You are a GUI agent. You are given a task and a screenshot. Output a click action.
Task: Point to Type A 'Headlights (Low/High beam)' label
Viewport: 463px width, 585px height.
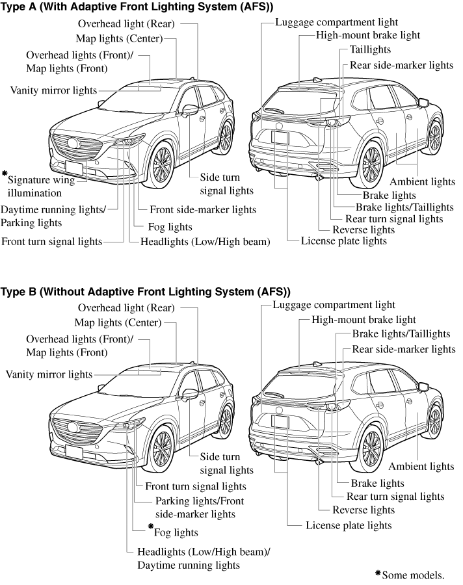(205, 242)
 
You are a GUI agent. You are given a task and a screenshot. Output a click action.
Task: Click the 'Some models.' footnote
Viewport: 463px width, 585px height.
(413, 575)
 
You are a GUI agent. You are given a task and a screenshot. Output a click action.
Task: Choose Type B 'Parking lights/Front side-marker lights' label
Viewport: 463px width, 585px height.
(195, 508)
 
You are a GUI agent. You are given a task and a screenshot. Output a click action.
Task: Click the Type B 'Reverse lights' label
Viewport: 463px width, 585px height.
(364, 510)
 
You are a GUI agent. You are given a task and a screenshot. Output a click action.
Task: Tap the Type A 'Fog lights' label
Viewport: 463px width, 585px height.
(170, 227)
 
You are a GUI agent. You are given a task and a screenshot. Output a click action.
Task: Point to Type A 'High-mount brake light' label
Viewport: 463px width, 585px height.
(368, 35)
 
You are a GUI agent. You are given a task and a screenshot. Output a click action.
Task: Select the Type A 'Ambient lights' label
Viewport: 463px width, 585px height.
(422, 182)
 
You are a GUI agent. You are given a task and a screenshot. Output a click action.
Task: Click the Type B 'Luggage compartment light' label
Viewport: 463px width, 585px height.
(334, 305)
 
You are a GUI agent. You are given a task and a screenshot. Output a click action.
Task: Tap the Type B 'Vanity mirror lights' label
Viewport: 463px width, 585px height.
(49, 374)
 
